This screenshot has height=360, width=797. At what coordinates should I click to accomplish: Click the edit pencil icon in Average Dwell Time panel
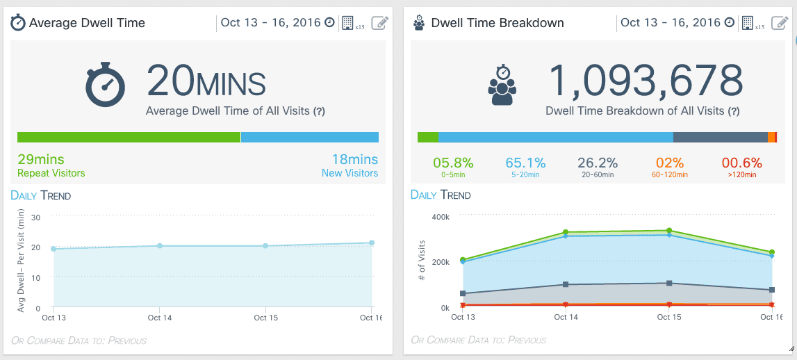coord(379,23)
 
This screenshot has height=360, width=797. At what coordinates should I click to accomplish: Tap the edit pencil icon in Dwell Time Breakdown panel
coord(780,23)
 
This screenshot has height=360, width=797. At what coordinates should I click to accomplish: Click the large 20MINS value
coord(206,81)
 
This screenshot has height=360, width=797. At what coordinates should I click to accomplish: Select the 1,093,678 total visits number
coord(646,81)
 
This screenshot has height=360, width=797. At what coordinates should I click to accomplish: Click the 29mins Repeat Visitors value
coord(41,160)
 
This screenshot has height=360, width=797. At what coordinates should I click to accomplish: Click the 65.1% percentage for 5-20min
coord(525,163)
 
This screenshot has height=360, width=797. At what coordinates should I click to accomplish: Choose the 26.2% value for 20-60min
coord(598,163)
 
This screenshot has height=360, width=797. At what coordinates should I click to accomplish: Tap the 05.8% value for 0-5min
coord(453,163)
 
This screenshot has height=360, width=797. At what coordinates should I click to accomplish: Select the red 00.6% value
coord(742,163)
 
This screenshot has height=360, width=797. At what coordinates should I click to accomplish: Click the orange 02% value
coord(670,163)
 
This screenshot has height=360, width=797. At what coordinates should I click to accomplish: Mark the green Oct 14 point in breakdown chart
coord(566,232)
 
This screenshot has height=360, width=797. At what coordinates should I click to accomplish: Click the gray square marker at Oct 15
coord(669,284)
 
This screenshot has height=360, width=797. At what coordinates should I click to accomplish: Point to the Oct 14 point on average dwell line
coord(160,246)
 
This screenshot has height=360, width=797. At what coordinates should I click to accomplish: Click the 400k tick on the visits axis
coord(441,217)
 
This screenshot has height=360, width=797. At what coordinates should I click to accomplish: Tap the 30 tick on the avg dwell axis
coord(36,217)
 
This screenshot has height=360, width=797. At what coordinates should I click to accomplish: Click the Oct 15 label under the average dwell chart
coord(265,318)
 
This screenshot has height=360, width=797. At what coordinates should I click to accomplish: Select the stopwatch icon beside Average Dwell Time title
coord(19,23)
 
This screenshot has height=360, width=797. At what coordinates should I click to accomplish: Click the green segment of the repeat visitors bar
coord(129,137)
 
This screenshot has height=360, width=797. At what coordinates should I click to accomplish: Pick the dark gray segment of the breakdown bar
coord(720,137)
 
